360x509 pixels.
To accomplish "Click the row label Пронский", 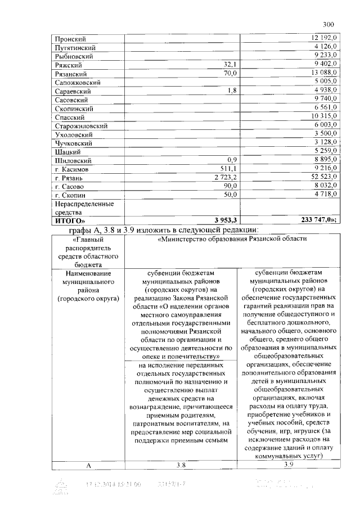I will click(70, 39).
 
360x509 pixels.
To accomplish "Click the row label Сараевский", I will click(73, 91).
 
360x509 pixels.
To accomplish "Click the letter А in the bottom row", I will click(88, 465).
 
